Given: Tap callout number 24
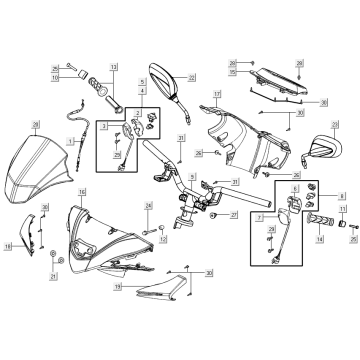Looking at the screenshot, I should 149,207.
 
